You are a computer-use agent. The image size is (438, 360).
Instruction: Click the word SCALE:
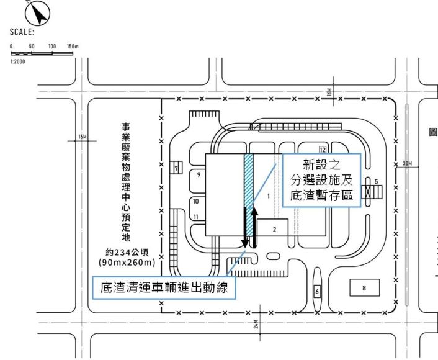(22, 32)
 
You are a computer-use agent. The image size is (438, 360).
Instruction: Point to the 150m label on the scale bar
(73, 47)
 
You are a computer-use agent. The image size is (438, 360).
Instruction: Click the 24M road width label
(255, 324)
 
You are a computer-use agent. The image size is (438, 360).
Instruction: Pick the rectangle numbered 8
(364, 287)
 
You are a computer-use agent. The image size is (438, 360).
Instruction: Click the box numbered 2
(274, 228)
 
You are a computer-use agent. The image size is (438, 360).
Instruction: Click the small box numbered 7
(176, 168)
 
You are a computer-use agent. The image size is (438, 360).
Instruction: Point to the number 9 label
(199, 176)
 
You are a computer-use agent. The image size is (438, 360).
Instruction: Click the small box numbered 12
(323, 150)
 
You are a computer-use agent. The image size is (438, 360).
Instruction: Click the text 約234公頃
(125, 253)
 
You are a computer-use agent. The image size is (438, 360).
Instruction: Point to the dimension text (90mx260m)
(125, 263)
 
